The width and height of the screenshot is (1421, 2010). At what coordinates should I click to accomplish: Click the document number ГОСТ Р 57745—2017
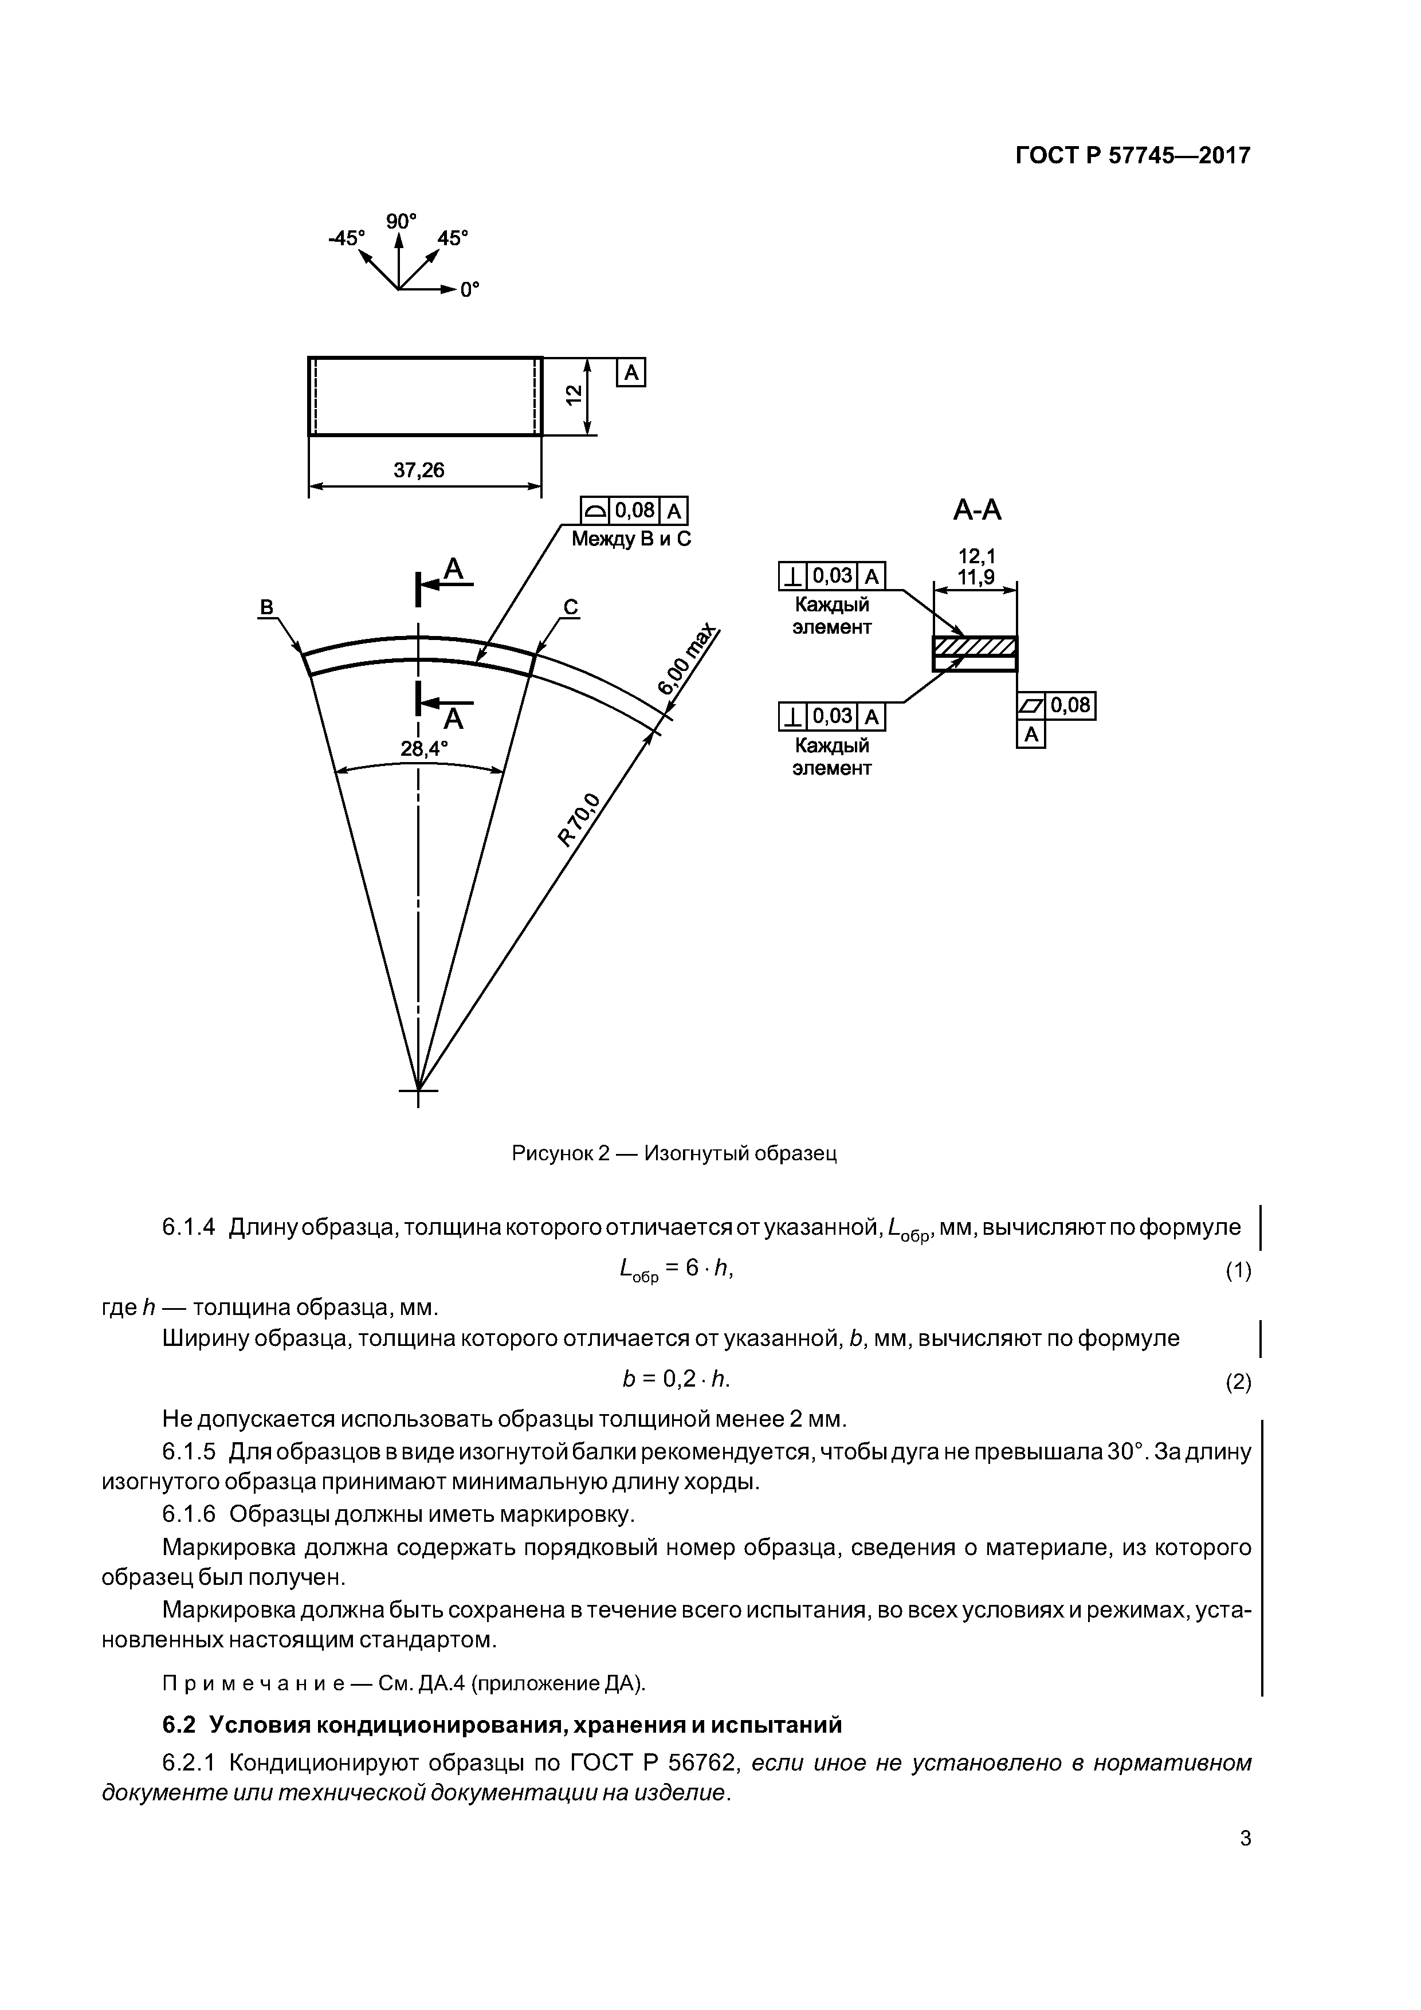1133,156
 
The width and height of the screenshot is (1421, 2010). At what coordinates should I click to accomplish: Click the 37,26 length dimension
418,470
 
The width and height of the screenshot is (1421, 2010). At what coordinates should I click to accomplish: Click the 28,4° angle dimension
424,748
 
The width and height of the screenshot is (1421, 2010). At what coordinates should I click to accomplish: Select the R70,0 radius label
580,819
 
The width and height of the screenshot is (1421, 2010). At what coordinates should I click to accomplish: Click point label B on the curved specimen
267,607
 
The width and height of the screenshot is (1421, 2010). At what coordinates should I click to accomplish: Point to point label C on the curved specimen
570,607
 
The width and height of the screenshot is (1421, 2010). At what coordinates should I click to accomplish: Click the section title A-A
976,511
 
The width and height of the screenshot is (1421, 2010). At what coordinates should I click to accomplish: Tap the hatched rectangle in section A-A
975,647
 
